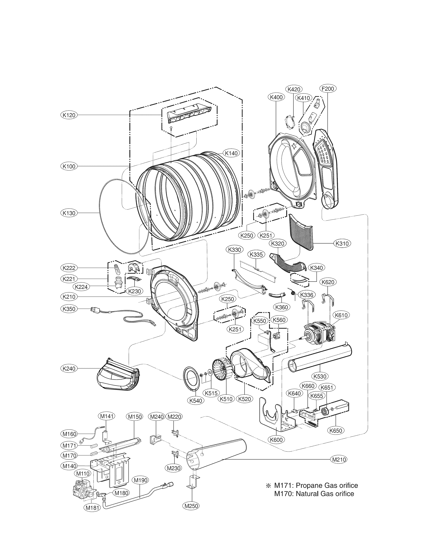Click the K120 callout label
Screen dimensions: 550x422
pos(69,115)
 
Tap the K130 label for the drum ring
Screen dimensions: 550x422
pos(69,213)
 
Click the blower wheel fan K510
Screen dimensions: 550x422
pos(221,372)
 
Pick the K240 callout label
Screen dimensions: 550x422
pos(69,369)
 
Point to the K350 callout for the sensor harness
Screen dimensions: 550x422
pos(69,309)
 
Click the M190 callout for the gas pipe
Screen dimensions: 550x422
pos(141,480)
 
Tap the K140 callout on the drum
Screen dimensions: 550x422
pos(231,153)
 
